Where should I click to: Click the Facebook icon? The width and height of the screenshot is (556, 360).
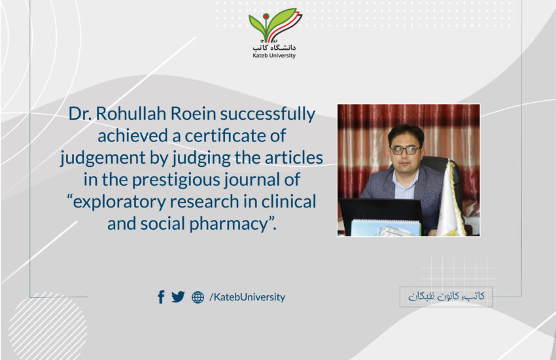[161, 297]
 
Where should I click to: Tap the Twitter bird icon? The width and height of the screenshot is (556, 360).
[178, 297]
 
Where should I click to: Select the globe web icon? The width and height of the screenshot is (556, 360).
[198, 297]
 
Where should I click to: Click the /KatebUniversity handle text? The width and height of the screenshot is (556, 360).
[247, 297]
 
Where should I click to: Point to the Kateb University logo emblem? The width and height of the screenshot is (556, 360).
[275, 26]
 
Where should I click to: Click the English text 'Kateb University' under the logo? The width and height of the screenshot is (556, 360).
[273, 56]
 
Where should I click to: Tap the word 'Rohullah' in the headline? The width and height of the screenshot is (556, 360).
[131, 113]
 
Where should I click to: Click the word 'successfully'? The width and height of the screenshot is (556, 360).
[268, 114]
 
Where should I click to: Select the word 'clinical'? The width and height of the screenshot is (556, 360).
[288, 202]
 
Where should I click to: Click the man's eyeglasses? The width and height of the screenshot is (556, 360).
[406, 150]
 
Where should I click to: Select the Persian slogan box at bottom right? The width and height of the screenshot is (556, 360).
[446, 297]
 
